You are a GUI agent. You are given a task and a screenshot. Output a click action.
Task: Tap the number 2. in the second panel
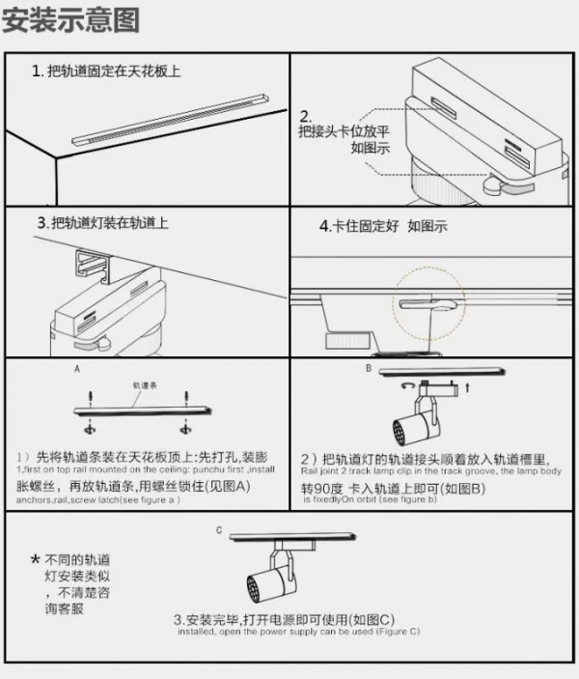pos(306,114)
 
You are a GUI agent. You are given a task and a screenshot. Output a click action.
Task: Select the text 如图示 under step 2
pos(370,148)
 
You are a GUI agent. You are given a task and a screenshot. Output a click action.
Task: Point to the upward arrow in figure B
pos(468,386)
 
